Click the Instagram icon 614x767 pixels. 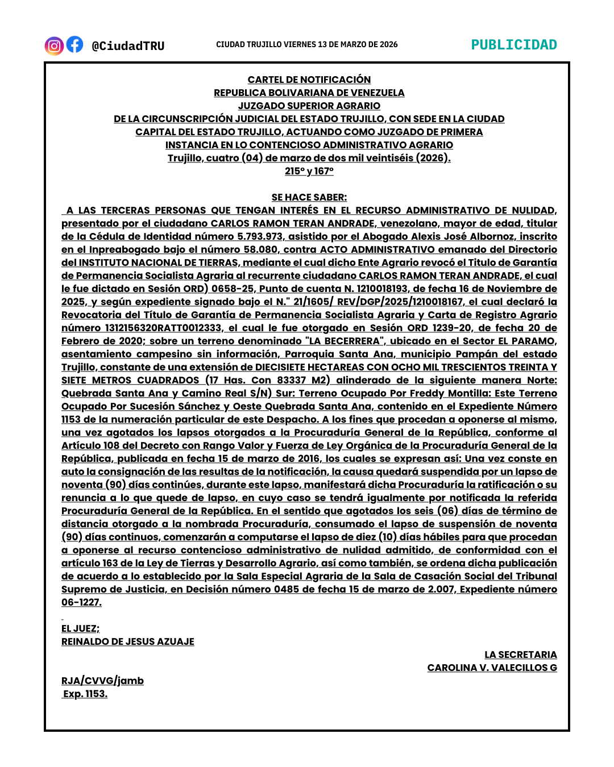click(x=54, y=45)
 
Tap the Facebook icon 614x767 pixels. click(x=74, y=44)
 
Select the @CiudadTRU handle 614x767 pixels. click(x=128, y=46)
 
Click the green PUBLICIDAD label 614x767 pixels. click(x=514, y=45)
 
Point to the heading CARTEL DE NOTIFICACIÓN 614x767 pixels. click(x=309, y=80)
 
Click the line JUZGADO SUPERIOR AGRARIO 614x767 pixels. click(x=309, y=106)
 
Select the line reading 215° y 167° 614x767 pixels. click(x=309, y=171)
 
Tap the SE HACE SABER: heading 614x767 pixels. click(x=309, y=197)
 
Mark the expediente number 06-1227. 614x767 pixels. click(x=81, y=602)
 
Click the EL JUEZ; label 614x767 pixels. click(x=80, y=628)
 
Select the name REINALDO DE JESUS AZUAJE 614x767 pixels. click(x=128, y=641)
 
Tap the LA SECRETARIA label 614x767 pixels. click(x=520, y=655)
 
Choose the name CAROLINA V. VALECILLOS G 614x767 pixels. click(x=492, y=668)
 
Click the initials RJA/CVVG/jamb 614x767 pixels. click(x=102, y=681)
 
